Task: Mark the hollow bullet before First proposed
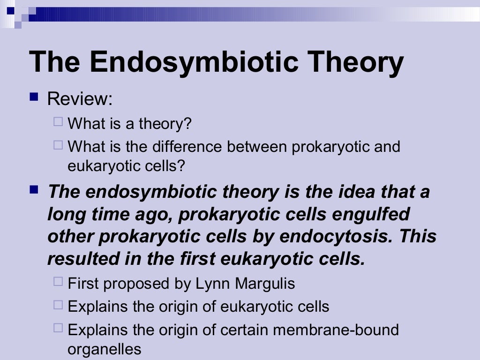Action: click(58, 282)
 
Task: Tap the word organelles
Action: click(104, 349)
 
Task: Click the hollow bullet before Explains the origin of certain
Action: click(58, 329)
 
